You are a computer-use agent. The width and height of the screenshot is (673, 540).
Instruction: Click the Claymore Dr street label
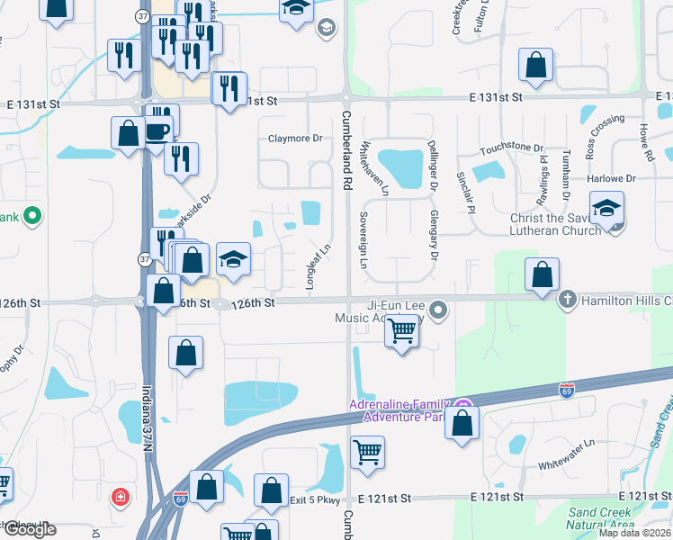click(x=295, y=139)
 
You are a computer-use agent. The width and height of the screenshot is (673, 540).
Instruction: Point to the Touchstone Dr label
click(x=512, y=148)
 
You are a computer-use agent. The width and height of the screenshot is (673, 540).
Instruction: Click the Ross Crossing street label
click(x=604, y=136)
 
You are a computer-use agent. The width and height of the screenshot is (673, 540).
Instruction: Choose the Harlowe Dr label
click(x=612, y=179)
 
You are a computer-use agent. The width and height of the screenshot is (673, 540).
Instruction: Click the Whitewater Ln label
click(x=567, y=443)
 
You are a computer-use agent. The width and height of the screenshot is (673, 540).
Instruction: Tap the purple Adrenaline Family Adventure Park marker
click(x=463, y=406)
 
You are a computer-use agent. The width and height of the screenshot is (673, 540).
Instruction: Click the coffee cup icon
click(x=157, y=131)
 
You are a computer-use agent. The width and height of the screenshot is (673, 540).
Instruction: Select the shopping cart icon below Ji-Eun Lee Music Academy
click(x=401, y=332)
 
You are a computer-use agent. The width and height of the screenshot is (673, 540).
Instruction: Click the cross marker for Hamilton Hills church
click(x=568, y=300)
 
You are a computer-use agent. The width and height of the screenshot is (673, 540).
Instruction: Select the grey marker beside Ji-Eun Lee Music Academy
click(x=438, y=310)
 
